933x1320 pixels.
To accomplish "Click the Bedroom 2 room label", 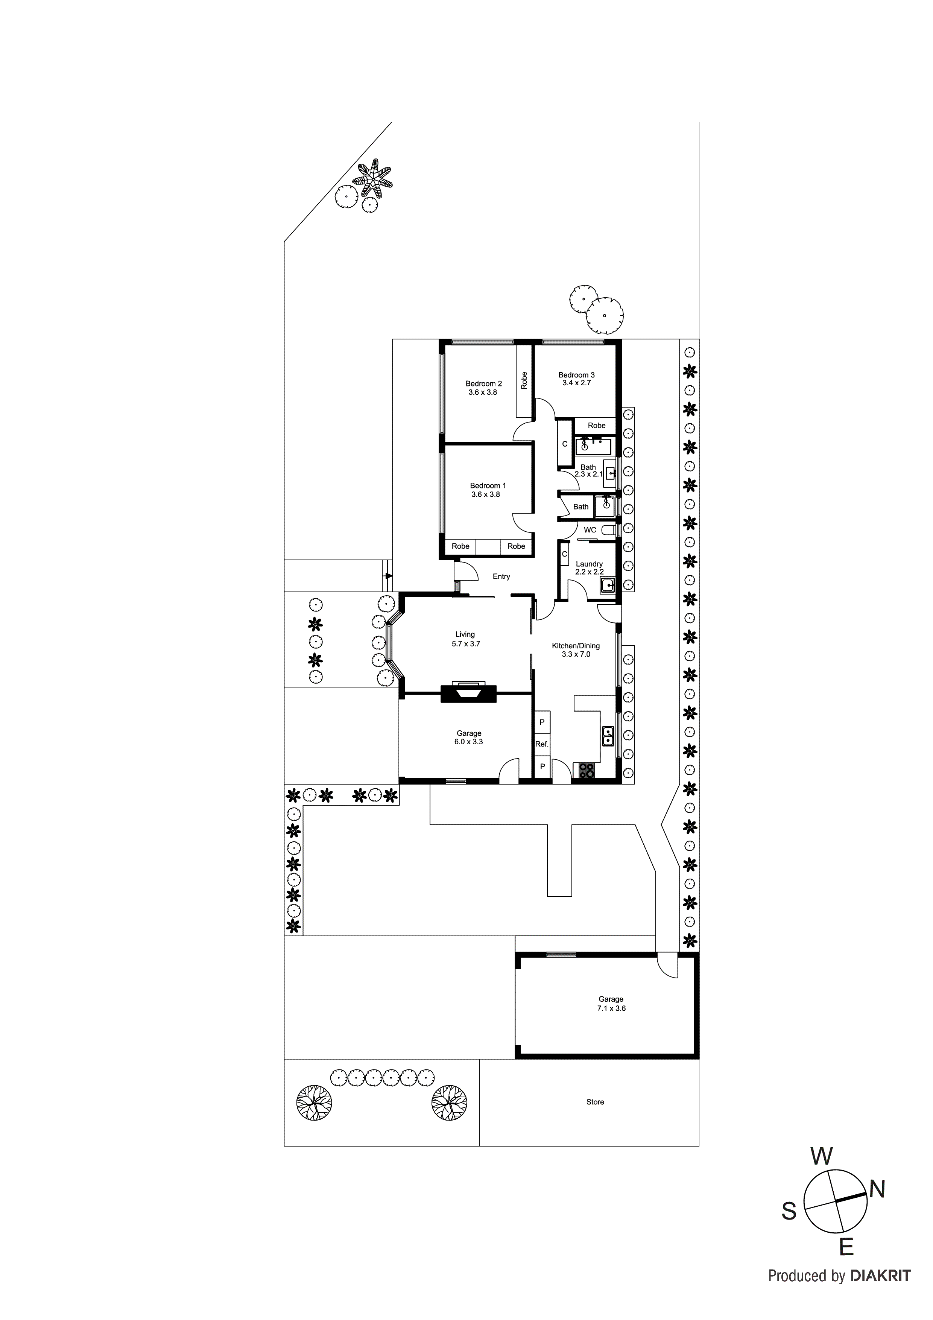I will coord(483,383).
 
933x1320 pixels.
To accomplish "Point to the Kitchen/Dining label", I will coord(576,646).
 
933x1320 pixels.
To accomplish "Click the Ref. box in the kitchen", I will coord(541,744).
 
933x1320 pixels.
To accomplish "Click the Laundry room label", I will coord(589,564).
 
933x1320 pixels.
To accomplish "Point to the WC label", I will coord(590,530).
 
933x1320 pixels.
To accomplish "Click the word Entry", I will coord(501,576).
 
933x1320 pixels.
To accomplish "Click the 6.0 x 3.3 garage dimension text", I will coord(468,742).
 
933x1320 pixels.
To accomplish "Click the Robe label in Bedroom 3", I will coord(596,426).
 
